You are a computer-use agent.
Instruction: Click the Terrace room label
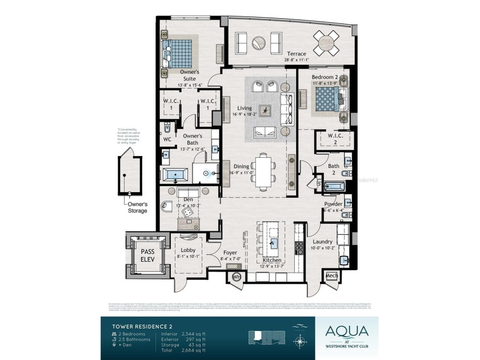click(296, 54)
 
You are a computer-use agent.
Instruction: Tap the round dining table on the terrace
click(325, 42)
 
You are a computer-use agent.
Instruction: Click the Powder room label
click(333, 204)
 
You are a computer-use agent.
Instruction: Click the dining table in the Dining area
click(264, 170)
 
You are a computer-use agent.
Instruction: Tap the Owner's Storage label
click(137, 207)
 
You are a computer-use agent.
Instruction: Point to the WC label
click(167, 139)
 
